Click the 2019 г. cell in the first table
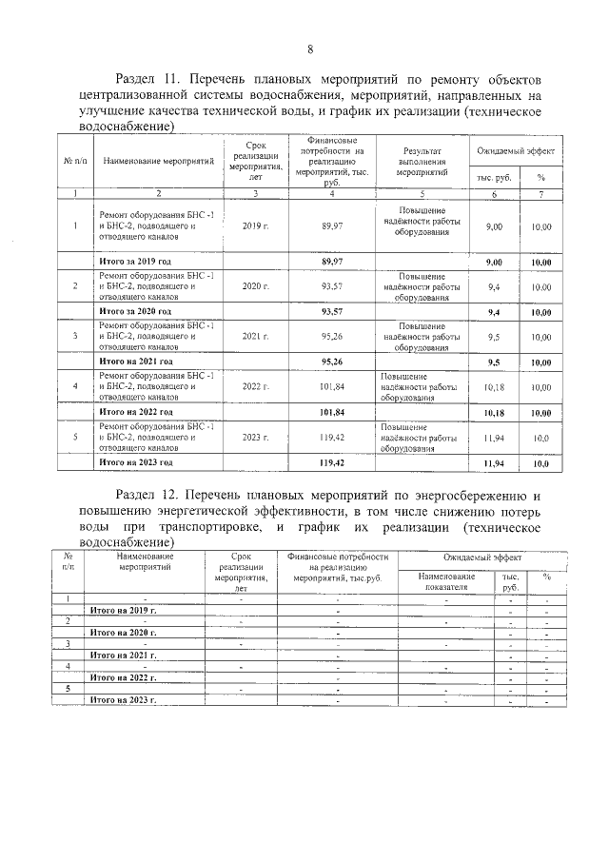coord(256,226)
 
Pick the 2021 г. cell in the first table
coord(256,337)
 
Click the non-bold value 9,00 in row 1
coord(494,227)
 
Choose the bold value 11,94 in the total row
coord(494,462)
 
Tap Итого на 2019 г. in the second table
coord(122,609)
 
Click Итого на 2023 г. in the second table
coord(122,699)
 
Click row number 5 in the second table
coord(68,688)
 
